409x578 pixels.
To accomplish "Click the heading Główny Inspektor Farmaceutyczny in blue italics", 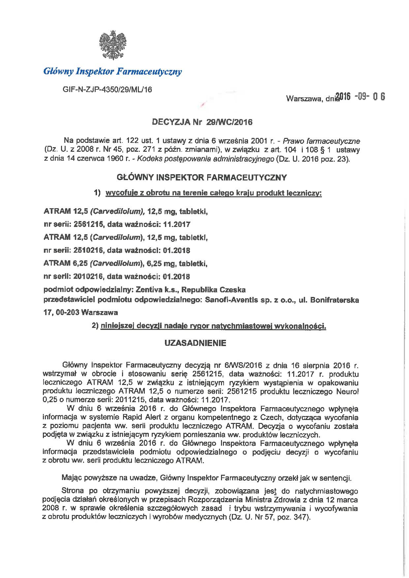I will click(x=112, y=71).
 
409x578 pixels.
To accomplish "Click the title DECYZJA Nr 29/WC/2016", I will click(x=202, y=122).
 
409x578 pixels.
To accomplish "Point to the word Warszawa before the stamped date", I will click(x=303, y=98).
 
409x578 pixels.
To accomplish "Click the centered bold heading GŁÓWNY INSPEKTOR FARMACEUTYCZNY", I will click(x=202, y=177).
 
